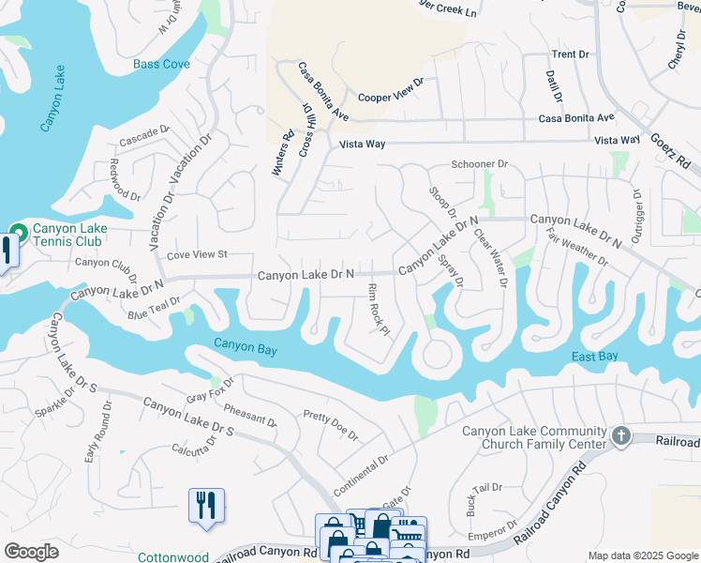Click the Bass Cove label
(161, 64)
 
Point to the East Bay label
(595, 357)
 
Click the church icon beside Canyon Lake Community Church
(620, 436)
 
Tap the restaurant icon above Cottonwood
(205, 505)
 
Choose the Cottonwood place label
(173, 556)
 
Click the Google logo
(31, 552)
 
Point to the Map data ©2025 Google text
(642, 556)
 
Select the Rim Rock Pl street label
(378, 309)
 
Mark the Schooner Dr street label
(479, 163)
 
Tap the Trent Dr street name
(570, 54)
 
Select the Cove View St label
(197, 254)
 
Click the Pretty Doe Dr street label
(330, 425)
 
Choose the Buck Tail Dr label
(485, 499)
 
